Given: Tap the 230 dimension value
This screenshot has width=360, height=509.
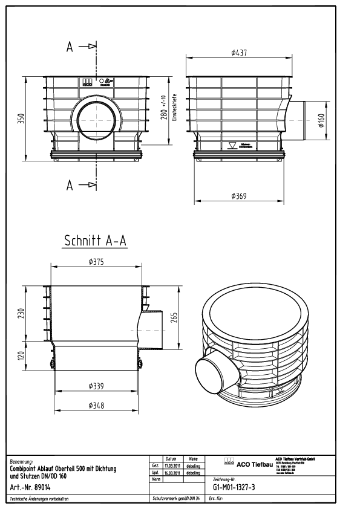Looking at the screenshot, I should click(21, 313).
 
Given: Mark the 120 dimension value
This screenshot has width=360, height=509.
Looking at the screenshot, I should click(21, 356).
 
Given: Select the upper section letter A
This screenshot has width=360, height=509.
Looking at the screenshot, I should click(70, 47).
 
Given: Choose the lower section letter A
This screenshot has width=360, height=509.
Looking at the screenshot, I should click(70, 185).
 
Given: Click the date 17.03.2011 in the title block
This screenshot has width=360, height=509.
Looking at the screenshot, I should click(171, 465).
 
